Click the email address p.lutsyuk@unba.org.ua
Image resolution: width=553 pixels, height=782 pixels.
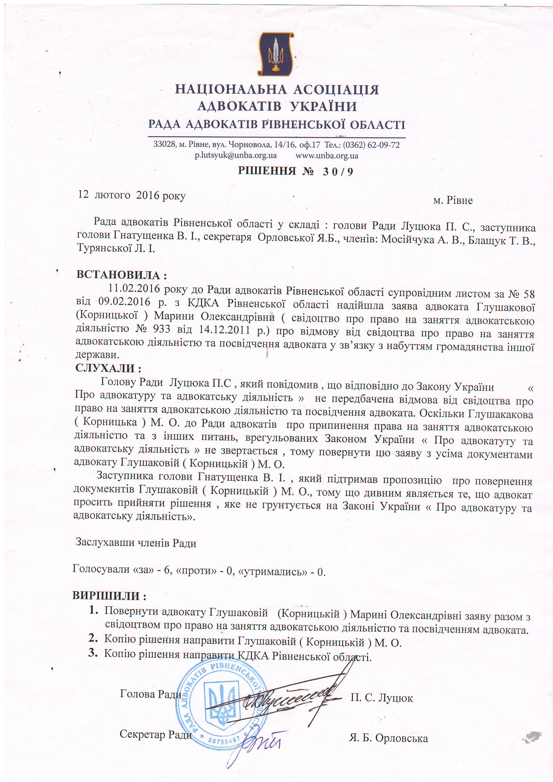pyautogui.click(x=235, y=156)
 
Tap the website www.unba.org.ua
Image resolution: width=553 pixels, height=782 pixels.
pyautogui.click(x=327, y=156)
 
